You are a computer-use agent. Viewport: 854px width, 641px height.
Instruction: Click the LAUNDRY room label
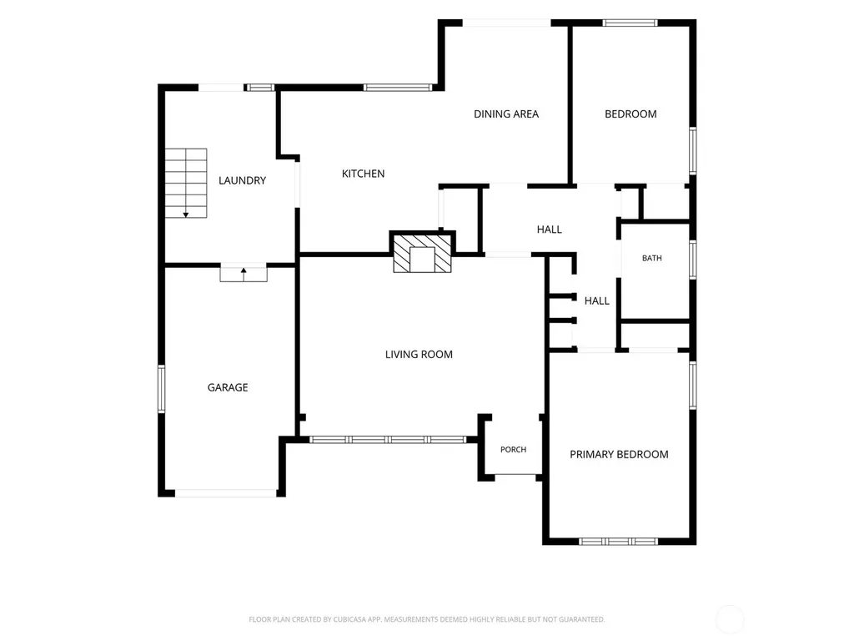[x=243, y=180]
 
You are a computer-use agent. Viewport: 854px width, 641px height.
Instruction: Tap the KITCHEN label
[x=364, y=174]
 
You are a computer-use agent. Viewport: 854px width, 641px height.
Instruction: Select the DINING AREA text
[x=506, y=114]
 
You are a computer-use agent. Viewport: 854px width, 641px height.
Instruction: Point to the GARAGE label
[x=228, y=387]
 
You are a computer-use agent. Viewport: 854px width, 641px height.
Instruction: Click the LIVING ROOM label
[x=419, y=354]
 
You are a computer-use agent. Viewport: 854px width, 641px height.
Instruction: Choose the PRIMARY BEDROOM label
[x=620, y=455]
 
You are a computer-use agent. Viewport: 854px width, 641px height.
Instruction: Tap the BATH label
[x=652, y=259]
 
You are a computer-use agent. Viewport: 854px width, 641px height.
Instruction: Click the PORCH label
[x=514, y=450]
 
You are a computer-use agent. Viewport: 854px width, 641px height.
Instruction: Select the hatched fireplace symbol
[x=423, y=253]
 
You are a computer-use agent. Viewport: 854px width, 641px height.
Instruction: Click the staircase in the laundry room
[x=186, y=183]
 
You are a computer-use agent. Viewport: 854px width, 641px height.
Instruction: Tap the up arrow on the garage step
[x=244, y=274]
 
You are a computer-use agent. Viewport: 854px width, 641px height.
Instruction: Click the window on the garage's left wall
[x=161, y=389]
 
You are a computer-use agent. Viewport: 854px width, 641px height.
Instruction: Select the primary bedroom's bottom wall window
[x=618, y=541]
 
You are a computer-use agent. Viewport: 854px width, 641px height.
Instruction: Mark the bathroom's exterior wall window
[x=693, y=260]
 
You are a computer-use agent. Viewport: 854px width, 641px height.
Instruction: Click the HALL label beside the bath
[x=597, y=300]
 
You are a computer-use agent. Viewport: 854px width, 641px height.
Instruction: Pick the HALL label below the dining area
[x=549, y=230]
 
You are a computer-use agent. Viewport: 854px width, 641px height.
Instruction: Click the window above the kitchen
[x=398, y=87]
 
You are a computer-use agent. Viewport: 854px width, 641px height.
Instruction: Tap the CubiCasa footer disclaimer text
[x=426, y=619]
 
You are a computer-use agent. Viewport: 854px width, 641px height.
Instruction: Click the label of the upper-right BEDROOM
[x=630, y=114]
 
